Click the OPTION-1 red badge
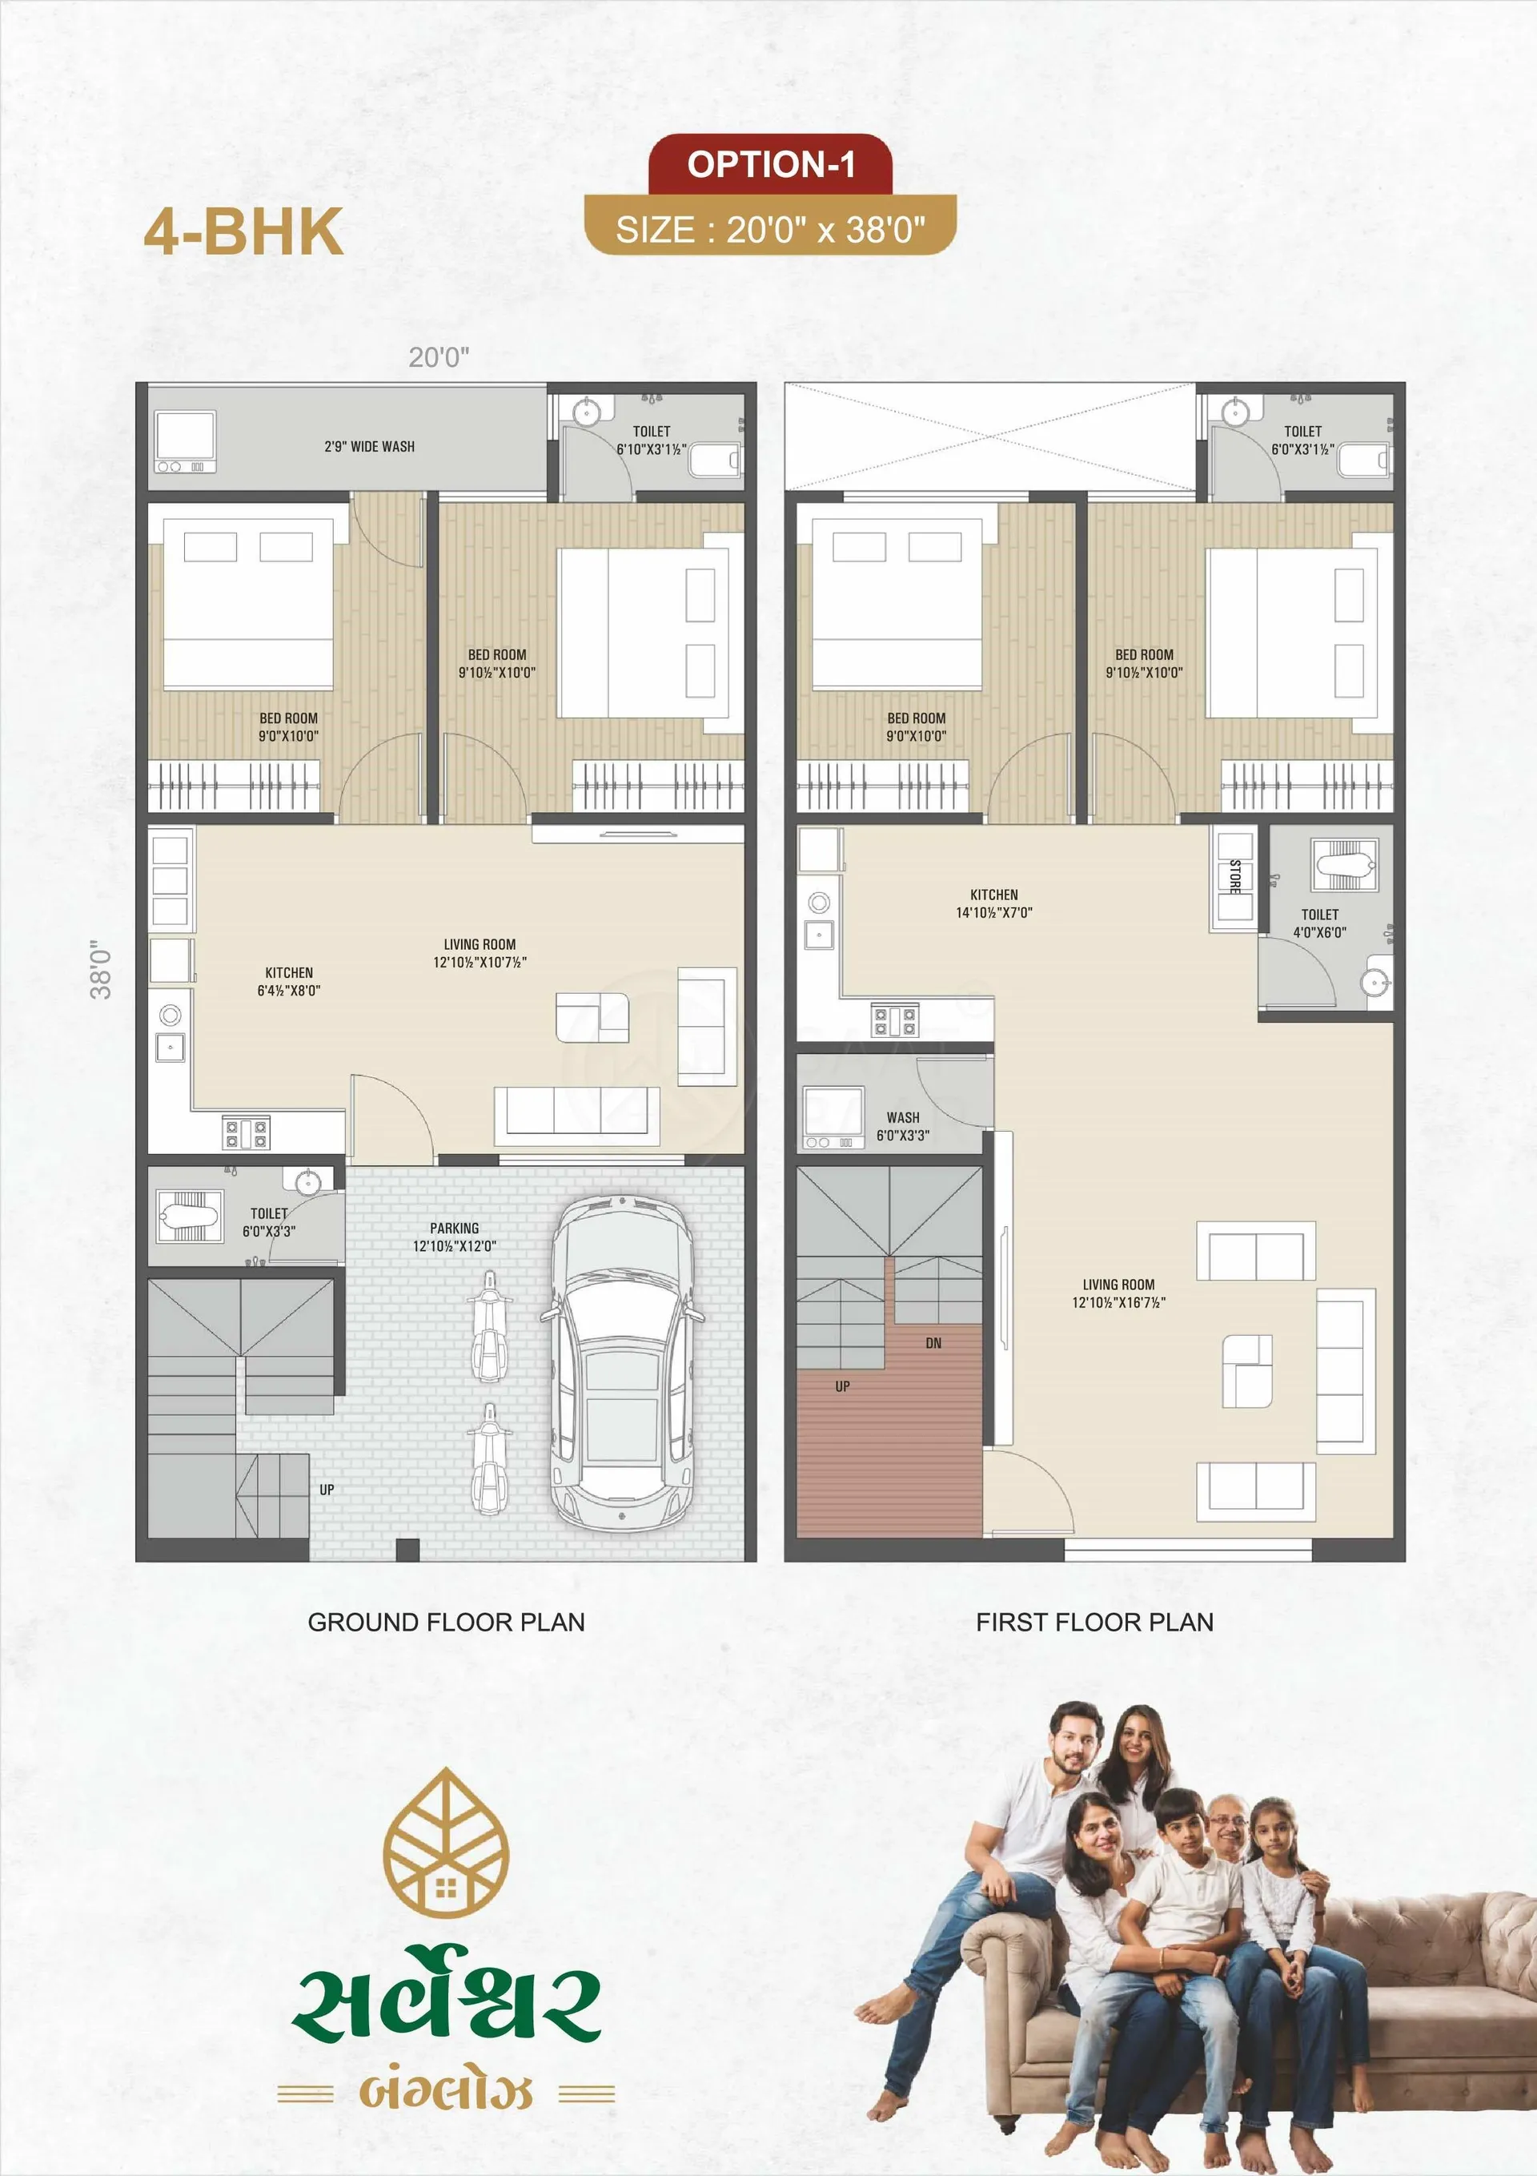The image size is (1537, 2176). [x=770, y=164]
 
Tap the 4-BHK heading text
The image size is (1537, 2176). [x=243, y=232]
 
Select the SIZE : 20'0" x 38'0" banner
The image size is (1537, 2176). [x=770, y=227]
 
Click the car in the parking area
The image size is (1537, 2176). [x=622, y=1362]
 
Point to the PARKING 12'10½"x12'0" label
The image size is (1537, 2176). [x=454, y=1237]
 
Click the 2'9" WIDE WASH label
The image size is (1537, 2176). [x=370, y=446]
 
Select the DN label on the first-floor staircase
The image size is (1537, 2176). [x=933, y=1343]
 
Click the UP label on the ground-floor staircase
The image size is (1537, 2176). [x=327, y=1489]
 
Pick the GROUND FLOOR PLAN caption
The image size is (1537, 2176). [x=447, y=1622]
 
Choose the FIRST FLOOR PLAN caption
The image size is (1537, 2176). [x=1094, y=1622]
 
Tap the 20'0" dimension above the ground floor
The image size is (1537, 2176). [x=439, y=356]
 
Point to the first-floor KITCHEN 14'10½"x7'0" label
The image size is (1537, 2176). [x=994, y=903]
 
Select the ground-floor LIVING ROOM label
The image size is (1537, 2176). [x=480, y=952]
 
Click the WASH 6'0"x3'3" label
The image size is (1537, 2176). [x=903, y=1126]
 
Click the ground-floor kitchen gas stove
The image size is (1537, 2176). [x=247, y=1132]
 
